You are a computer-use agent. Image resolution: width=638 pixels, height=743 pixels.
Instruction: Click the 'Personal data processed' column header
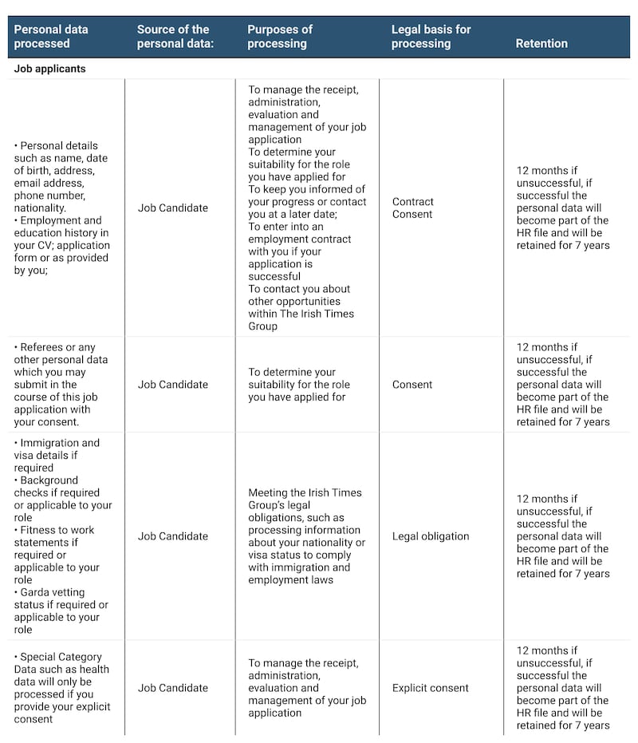[51, 36]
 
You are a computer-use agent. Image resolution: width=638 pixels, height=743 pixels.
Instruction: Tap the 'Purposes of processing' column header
[280, 36]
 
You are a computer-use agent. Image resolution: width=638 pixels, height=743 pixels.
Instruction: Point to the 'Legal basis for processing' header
[431, 36]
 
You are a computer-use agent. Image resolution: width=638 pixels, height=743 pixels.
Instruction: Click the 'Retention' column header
[542, 43]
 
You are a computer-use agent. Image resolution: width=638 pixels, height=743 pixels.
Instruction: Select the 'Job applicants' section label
[49, 69]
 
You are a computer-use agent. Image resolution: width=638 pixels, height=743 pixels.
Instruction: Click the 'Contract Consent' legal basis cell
[412, 207]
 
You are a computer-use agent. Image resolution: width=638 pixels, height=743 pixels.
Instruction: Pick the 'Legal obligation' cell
[431, 536]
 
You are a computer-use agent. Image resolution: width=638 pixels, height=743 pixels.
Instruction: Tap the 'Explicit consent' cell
[431, 688]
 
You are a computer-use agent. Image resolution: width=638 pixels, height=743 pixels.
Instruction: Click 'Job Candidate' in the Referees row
[172, 385]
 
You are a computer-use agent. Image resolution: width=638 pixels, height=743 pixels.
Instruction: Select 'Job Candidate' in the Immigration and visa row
[172, 536]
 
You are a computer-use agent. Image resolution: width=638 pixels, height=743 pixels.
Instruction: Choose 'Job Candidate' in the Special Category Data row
[172, 688]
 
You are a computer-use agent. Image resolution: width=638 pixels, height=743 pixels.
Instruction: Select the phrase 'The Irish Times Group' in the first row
[301, 319]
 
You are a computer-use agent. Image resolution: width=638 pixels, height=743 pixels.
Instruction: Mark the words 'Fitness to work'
[57, 530]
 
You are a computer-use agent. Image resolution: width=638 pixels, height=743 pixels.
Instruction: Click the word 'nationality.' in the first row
[40, 207]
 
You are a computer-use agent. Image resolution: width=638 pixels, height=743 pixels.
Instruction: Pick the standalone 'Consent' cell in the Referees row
[412, 385]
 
